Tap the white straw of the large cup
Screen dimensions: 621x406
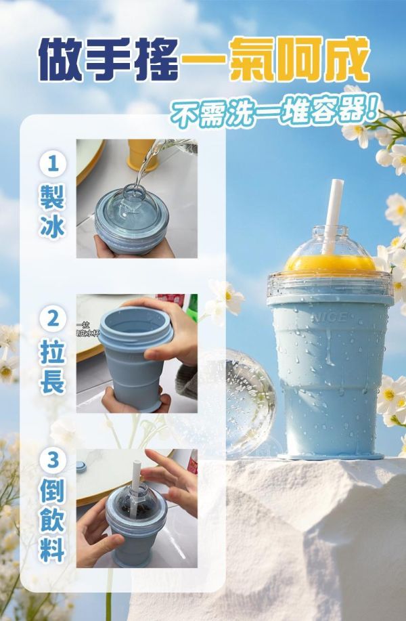click(332, 210)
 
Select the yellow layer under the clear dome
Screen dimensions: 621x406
click(330, 263)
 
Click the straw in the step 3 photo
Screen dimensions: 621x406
click(137, 477)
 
